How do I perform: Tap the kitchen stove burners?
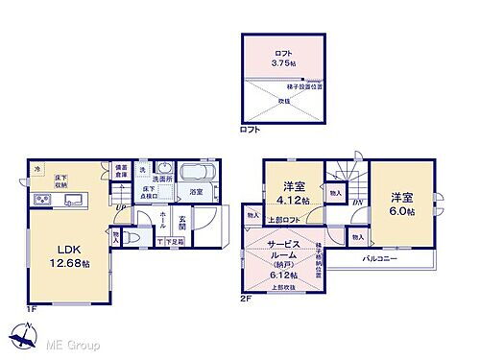(x=41, y=200)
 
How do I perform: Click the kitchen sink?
(x=72, y=201)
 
